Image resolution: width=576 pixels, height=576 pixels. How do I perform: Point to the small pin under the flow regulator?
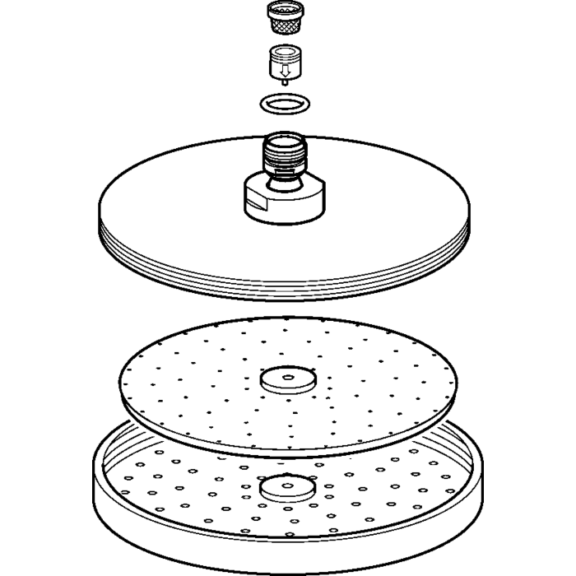pos(284,82)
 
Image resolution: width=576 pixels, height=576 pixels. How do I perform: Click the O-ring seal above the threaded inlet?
pos(284,105)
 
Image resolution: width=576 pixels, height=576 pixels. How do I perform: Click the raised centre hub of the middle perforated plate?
pos(286,380)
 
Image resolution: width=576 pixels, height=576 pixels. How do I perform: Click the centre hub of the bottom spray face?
pos(286,489)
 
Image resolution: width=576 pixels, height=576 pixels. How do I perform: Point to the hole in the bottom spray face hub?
pos(286,483)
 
